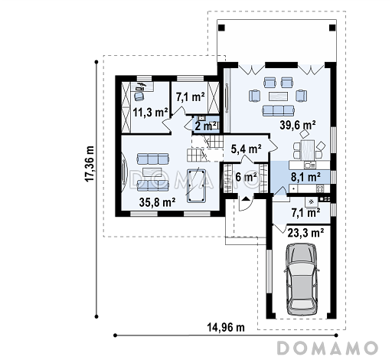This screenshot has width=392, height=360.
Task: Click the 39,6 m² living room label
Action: coord(298,125)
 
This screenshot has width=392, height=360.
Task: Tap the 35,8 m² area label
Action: coord(157,202)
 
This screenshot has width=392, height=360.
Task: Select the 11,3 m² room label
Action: coord(151,112)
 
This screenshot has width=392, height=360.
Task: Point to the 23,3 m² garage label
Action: coord(306,233)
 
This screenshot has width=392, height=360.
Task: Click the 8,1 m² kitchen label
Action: coord(305,177)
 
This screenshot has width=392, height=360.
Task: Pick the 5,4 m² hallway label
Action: coord(246,149)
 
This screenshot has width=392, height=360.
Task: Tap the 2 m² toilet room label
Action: coord(206,126)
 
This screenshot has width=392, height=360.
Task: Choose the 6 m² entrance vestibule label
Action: coord(246,177)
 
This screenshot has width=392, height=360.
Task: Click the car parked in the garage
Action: coord(302,280)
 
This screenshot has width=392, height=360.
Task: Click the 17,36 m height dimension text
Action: coord(90,164)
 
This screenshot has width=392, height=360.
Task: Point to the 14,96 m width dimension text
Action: coord(226,327)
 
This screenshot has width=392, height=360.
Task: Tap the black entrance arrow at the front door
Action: coord(246,198)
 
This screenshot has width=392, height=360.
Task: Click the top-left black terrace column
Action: coord(222,28)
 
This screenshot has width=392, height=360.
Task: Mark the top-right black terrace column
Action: coord(332,28)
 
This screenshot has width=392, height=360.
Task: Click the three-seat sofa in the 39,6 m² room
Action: coord(278,110)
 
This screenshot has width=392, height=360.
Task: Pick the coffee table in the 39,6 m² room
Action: coord(278,97)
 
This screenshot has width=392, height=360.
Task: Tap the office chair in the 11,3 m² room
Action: coord(139,97)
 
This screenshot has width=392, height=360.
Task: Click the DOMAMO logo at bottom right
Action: coord(328,348)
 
